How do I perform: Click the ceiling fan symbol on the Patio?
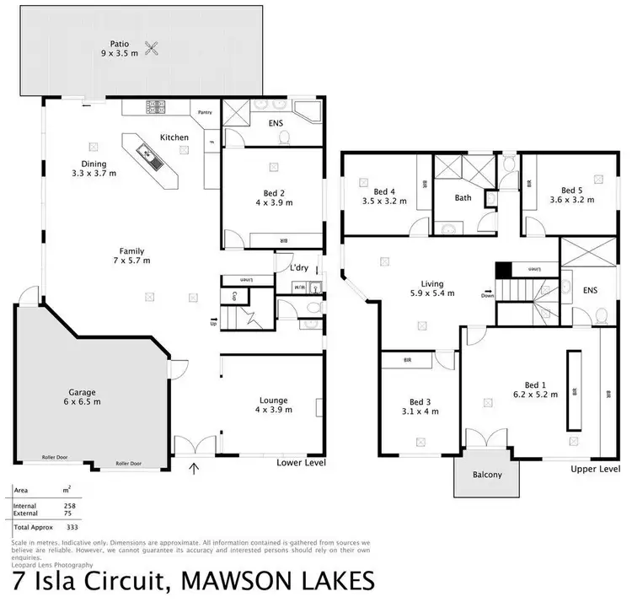[x=153, y=49]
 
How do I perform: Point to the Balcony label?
[x=486, y=475]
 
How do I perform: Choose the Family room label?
[x=131, y=250]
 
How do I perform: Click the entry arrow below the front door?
[x=195, y=468]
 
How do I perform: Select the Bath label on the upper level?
[x=463, y=199]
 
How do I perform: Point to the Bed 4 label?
[x=372, y=191]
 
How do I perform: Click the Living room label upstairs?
[x=433, y=284]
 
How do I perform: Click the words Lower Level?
[x=301, y=464]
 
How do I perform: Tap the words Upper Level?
[x=595, y=468]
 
